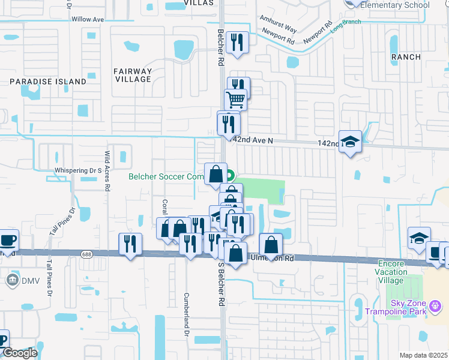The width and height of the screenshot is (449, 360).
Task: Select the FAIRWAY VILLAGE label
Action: [x=133, y=75]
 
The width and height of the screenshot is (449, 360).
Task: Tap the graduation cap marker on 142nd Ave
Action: [x=351, y=142]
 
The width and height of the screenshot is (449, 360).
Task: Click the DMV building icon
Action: [x=13, y=280]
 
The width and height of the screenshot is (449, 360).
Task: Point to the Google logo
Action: [x=19, y=353]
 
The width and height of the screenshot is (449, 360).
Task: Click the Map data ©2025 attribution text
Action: [x=423, y=355]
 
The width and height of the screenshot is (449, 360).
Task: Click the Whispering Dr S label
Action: [x=78, y=170]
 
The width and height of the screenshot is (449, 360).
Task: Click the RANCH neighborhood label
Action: [x=406, y=56]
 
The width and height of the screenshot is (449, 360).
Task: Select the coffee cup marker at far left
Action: [x=8, y=239]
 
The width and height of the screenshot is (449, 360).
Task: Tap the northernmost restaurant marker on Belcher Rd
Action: [x=238, y=42]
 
